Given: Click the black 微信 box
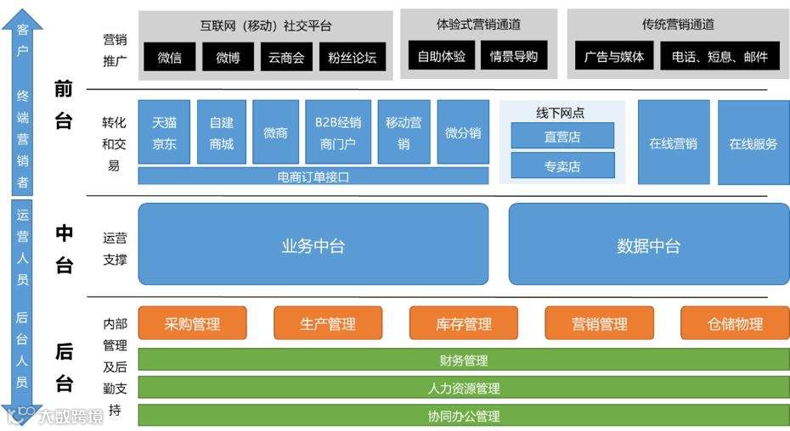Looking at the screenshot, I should (170, 57).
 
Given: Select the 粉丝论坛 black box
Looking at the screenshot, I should (353, 57).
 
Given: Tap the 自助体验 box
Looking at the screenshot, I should (441, 57).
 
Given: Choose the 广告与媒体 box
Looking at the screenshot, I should (614, 57).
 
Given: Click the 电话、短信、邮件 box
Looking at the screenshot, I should (719, 57).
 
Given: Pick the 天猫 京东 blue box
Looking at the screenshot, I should (164, 132).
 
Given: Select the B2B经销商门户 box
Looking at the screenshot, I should (337, 132).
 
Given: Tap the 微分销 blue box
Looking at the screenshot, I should (462, 132).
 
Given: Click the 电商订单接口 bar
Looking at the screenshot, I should (313, 176).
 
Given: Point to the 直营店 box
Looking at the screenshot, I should (562, 136).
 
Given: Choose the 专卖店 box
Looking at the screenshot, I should (562, 165).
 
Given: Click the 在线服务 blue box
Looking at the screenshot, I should (753, 143).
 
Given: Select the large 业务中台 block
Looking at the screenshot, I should (313, 245).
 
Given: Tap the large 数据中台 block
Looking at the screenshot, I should (648, 245).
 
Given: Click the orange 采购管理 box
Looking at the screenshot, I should (192, 323).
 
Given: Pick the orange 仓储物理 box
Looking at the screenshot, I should (735, 323).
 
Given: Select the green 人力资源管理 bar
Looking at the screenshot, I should (463, 388).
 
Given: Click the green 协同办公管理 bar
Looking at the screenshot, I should (463, 416).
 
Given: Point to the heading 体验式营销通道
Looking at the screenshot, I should (478, 24).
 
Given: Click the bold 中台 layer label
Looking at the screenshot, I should (64, 249).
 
